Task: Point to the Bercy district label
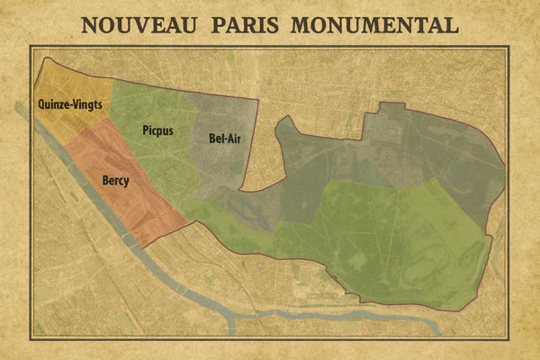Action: coord(115,181)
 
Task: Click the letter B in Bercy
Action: coord(104,181)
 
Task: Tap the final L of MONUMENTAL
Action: coord(452,24)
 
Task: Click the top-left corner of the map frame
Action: coord(30,46)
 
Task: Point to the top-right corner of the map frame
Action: coord(510,46)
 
